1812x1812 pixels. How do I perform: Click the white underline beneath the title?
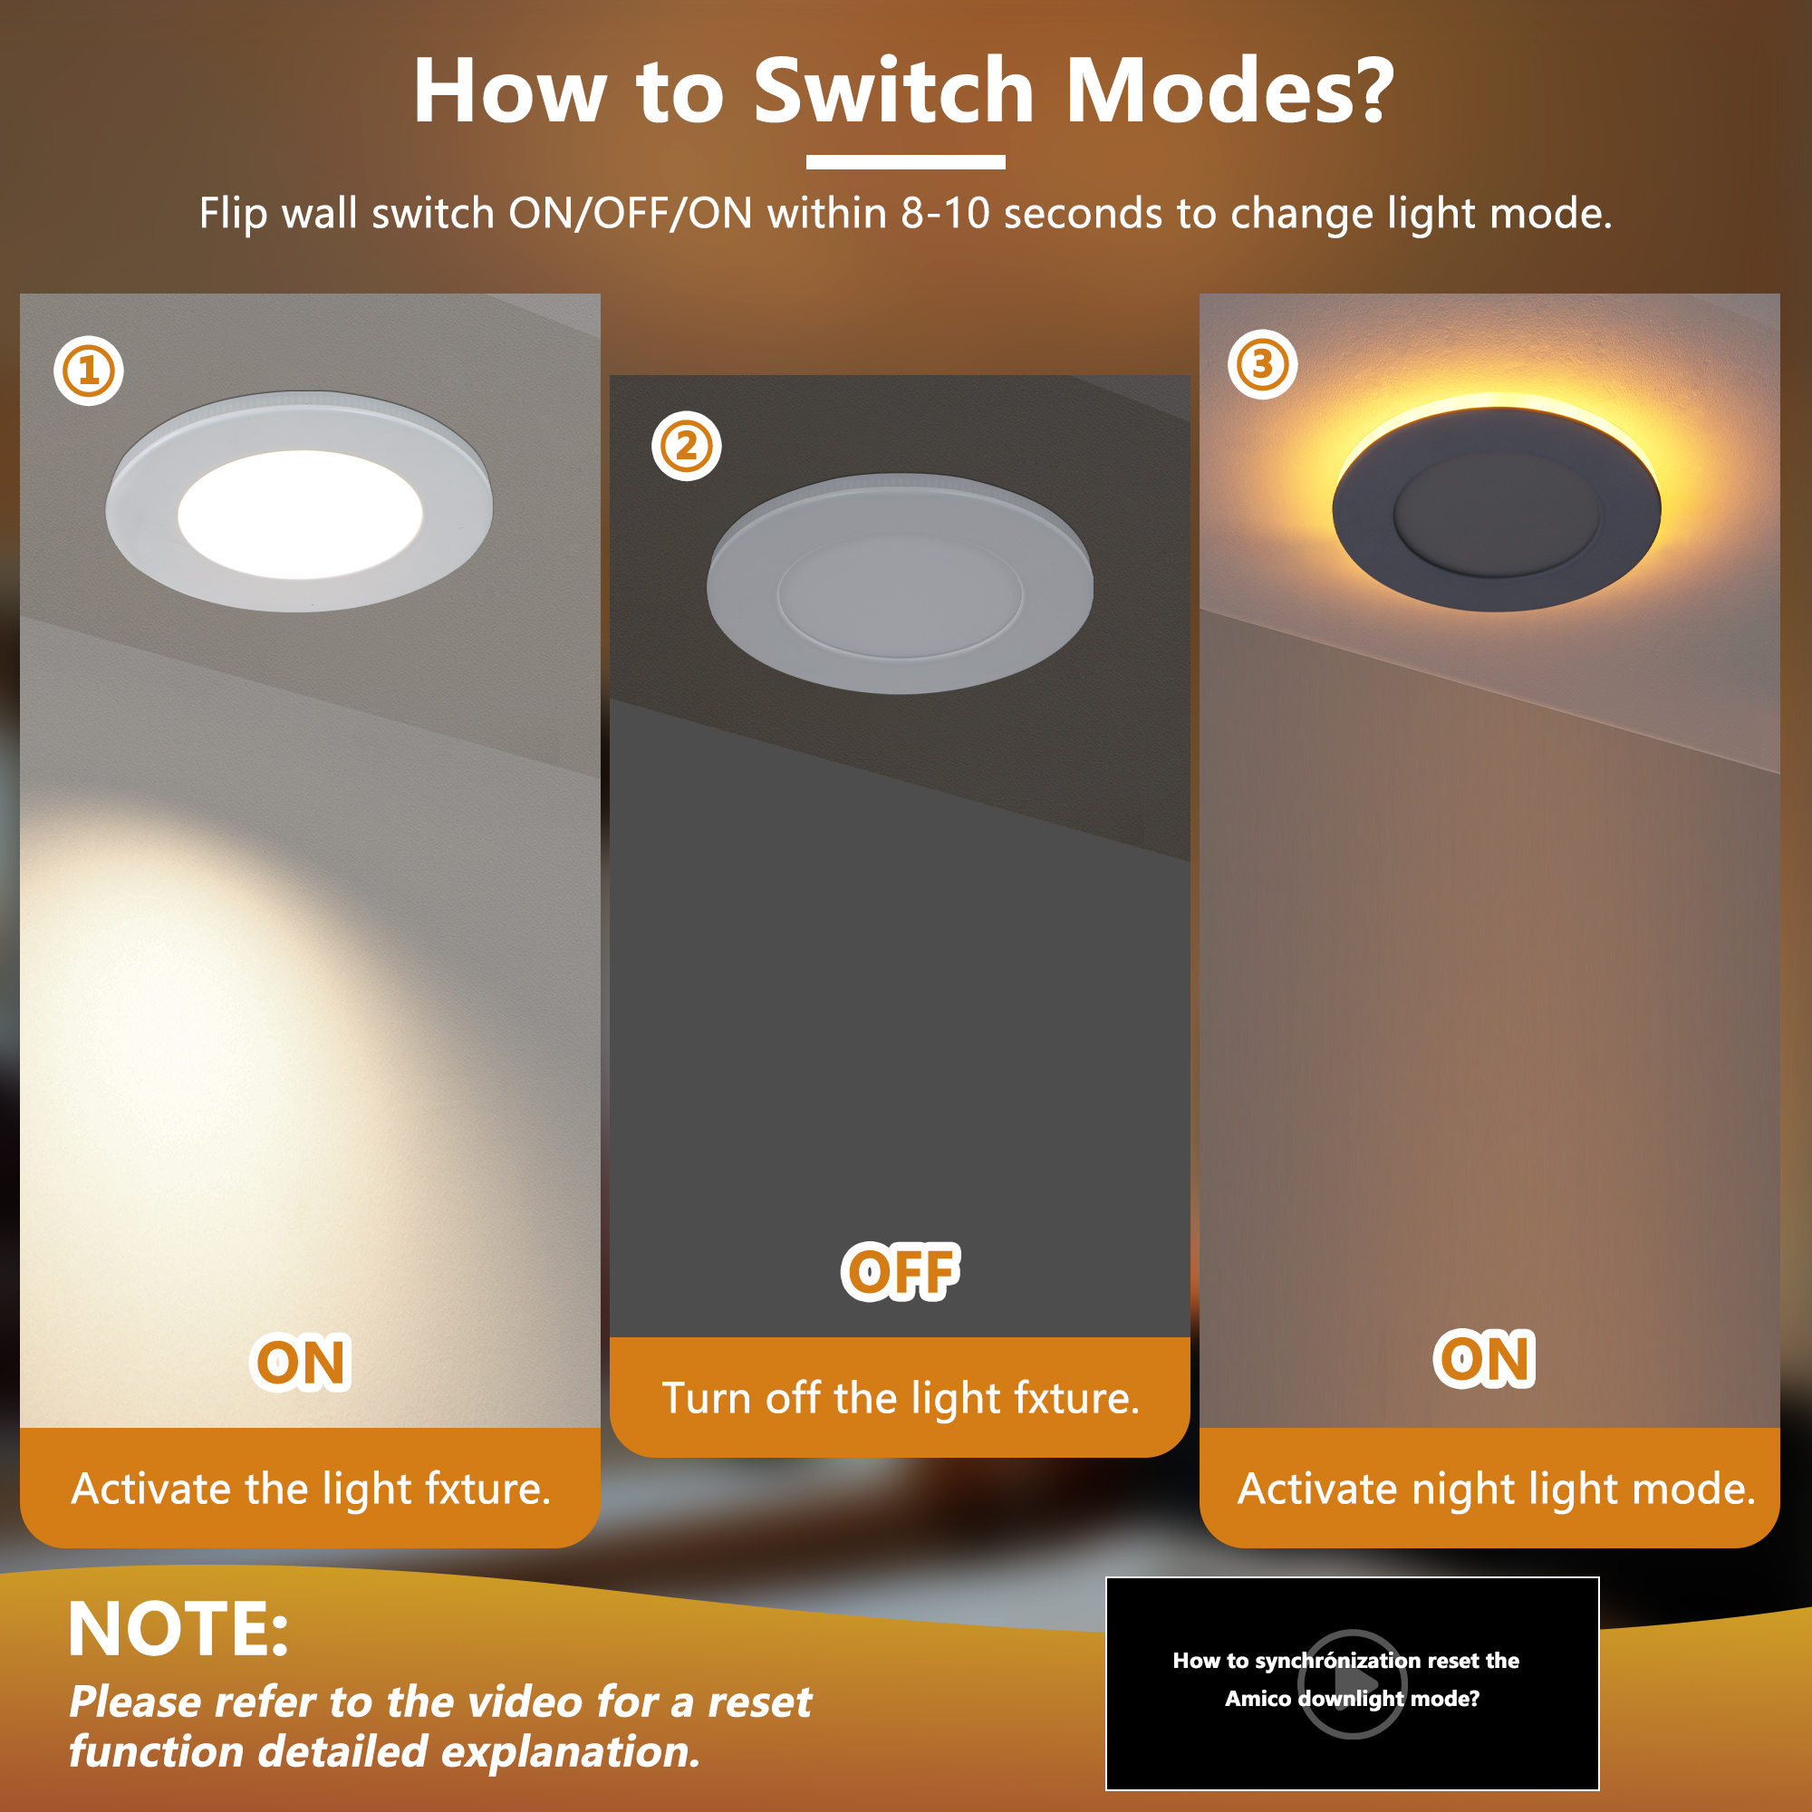point(905,162)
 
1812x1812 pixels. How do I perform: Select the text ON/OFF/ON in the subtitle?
point(631,214)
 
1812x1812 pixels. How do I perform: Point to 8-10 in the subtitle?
point(945,214)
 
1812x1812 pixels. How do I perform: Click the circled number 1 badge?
point(89,371)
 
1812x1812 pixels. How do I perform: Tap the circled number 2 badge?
point(687,446)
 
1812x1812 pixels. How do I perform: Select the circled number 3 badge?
point(1262,364)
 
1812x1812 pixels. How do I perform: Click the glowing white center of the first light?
point(300,514)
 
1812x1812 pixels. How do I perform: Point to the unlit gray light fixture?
point(900,583)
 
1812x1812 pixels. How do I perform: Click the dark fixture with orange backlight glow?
point(1497,509)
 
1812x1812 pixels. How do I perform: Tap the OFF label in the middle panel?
point(901,1272)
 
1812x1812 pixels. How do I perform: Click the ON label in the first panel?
point(301,1362)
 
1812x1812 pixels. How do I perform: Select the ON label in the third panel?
point(1485,1358)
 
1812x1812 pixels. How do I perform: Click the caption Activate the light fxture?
point(312,1489)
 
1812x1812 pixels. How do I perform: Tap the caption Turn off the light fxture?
point(901,1398)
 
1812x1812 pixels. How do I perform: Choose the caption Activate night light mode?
point(1496,1489)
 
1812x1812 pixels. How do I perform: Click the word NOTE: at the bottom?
point(178,1629)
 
